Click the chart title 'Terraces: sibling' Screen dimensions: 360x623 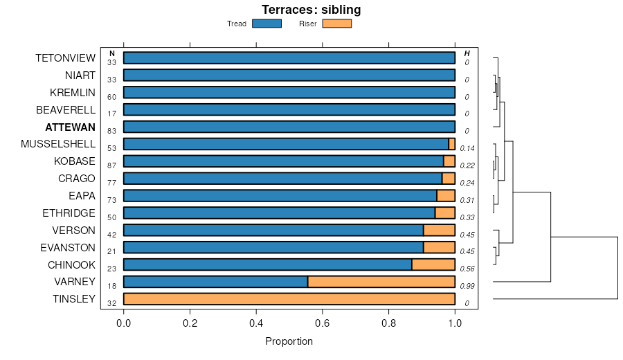pyautogui.click(x=311, y=10)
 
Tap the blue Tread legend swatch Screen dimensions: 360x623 pyautogui.click(x=267, y=24)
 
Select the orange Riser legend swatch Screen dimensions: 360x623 pyautogui.click(x=337, y=24)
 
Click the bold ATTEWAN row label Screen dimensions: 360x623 pyautogui.click(x=70, y=127)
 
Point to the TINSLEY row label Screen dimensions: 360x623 pyautogui.click(x=74, y=299)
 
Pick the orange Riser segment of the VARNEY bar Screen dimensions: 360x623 pyautogui.click(x=381, y=282)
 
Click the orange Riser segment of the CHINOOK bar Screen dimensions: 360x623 pyautogui.click(x=433, y=264)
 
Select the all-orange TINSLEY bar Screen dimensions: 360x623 pyautogui.click(x=289, y=299)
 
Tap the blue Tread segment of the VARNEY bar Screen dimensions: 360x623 pyautogui.click(x=215, y=282)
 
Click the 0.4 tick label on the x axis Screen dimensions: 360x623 pyautogui.click(x=256, y=322)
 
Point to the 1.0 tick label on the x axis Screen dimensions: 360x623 pyautogui.click(x=455, y=322)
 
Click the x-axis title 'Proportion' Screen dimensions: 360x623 pyautogui.click(x=289, y=341)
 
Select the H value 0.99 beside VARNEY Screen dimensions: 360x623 pyautogui.click(x=467, y=286)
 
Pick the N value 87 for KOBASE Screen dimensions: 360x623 pyautogui.click(x=112, y=165)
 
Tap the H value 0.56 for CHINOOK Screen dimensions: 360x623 pyautogui.click(x=467, y=269)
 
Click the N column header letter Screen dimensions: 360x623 pyautogui.click(x=112, y=53)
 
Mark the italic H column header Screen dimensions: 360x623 pyautogui.click(x=467, y=53)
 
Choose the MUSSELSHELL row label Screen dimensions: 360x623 pyautogui.click(x=58, y=144)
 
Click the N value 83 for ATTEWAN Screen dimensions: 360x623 pyautogui.click(x=112, y=131)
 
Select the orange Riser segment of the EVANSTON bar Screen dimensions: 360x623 pyautogui.click(x=439, y=247)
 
